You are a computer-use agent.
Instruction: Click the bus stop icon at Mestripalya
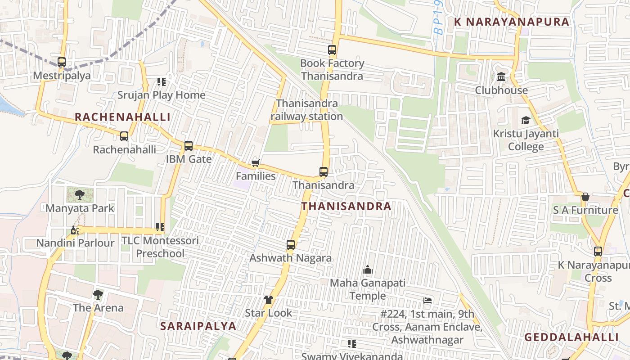tap(62, 62)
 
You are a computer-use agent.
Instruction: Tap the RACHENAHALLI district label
tap(122, 117)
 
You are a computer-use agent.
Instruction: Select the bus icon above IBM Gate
tap(189, 146)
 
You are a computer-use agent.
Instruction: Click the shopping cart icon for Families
tap(255, 163)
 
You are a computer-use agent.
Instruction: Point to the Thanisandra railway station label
tap(307, 110)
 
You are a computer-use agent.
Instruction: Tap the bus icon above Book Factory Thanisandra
tap(332, 50)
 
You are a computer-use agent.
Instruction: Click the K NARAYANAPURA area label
tap(512, 22)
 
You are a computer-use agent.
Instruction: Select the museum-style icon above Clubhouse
tap(501, 77)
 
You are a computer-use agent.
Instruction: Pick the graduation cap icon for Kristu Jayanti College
tap(526, 121)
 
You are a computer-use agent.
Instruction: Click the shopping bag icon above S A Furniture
tap(585, 197)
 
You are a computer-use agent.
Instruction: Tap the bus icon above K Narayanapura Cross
tap(598, 252)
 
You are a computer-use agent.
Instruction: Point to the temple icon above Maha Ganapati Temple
tap(368, 270)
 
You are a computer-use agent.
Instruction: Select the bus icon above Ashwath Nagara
tap(291, 245)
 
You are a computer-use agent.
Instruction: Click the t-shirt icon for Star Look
tap(269, 300)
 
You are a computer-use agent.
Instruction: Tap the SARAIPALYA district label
tap(198, 326)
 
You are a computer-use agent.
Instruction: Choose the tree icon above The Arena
tap(98, 295)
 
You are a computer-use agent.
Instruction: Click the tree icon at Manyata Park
tap(80, 195)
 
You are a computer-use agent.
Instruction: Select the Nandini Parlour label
tap(75, 243)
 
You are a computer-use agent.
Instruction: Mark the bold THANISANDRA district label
tap(346, 206)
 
